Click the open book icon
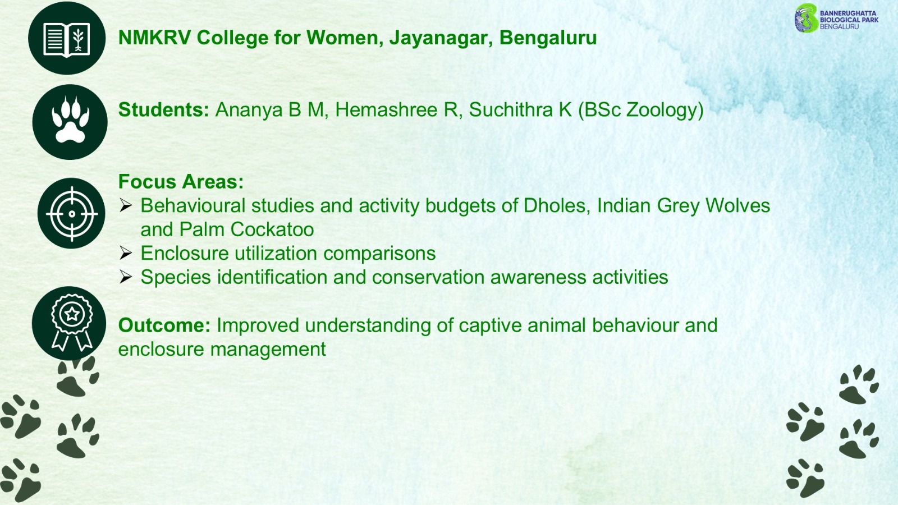coord(67,39)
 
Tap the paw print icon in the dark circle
coord(71,120)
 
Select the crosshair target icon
coord(72,214)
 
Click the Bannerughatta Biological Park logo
coord(837,19)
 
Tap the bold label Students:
coord(163,110)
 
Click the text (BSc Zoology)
coord(640,110)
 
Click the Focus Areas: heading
coord(181,182)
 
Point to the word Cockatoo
coord(272,229)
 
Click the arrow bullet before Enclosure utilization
coord(126,253)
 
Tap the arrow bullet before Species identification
coord(126,277)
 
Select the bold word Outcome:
coord(164,325)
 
